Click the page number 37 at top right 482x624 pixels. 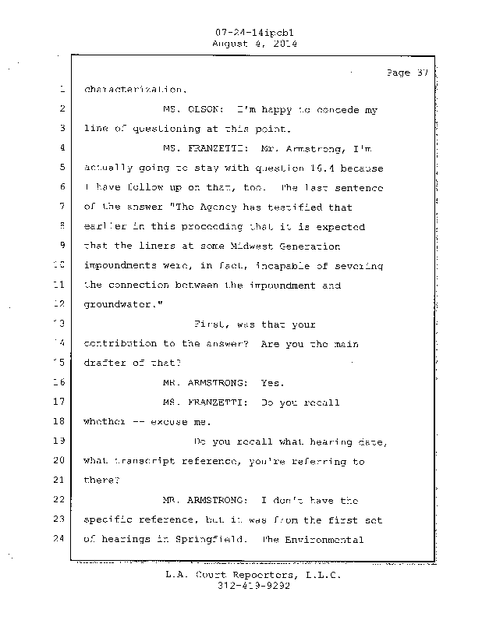[408, 73]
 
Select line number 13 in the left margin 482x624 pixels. [62, 324]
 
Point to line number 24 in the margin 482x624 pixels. [61, 540]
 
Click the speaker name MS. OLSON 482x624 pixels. [193, 110]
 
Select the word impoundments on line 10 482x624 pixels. [122, 265]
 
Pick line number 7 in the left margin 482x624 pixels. [62, 207]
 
